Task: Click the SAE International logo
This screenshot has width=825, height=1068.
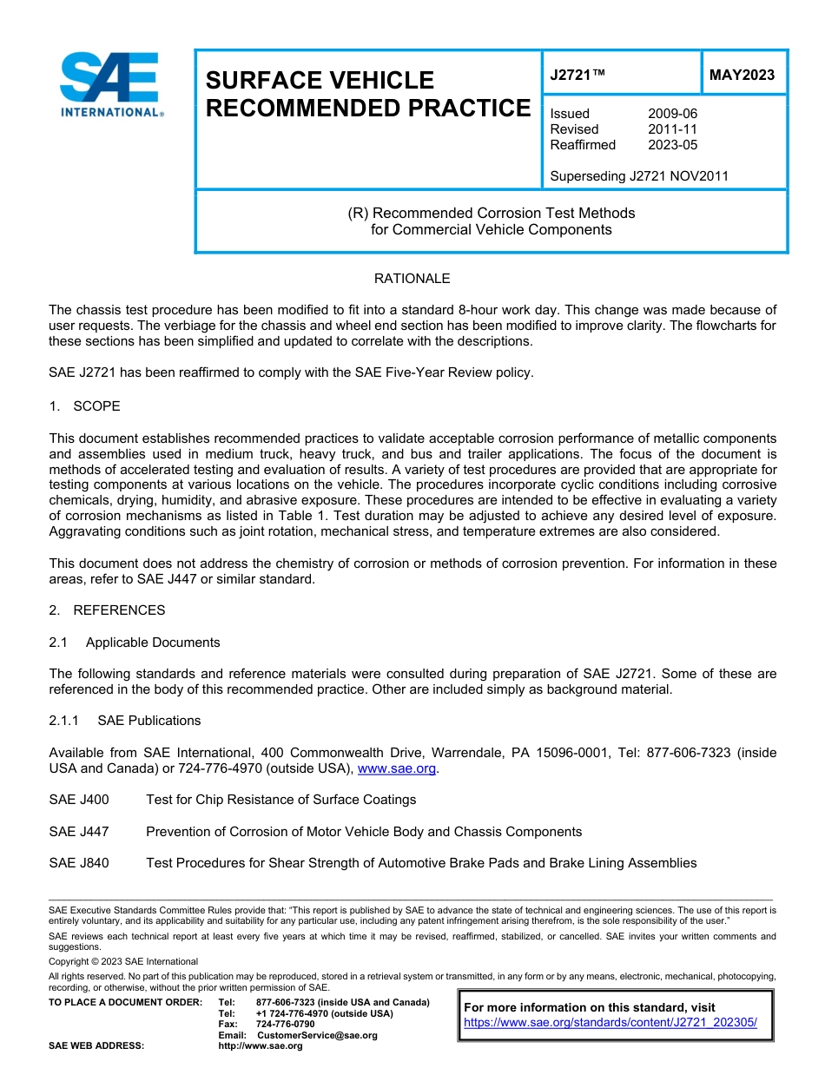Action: tap(111, 84)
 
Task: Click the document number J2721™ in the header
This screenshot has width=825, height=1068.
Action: tap(577, 76)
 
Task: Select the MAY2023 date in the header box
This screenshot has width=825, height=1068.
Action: tap(742, 76)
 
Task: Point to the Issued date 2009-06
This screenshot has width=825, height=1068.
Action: tap(672, 114)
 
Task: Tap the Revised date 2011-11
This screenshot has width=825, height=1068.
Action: tap(672, 129)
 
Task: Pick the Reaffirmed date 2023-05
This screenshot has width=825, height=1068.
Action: tap(672, 145)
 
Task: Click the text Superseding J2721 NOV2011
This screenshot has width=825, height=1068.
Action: tap(639, 176)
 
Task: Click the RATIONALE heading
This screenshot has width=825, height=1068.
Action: tap(412, 279)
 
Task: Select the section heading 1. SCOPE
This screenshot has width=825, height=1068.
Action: tap(85, 406)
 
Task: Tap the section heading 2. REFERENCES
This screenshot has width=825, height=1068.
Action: tap(107, 610)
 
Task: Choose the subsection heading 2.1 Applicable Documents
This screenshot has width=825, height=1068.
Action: tap(135, 643)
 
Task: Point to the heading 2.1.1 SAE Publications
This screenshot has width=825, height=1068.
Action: tap(125, 721)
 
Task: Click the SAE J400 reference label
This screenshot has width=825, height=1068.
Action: tap(79, 800)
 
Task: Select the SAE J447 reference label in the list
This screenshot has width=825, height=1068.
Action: tap(79, 832)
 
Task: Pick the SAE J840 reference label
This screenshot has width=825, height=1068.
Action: tap(79, 863)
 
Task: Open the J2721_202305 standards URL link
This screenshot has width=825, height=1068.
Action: tap(610, 1023)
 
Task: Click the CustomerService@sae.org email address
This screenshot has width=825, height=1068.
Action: tap(317, 1035)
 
